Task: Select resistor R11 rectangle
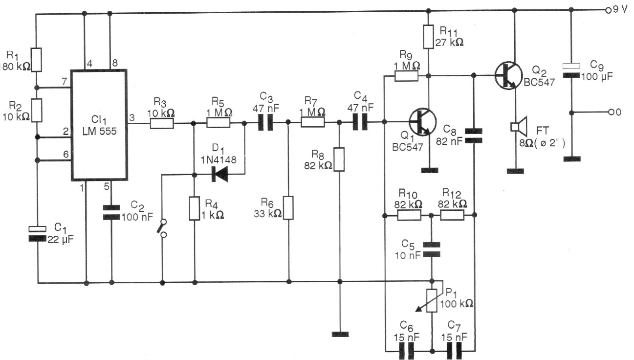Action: [x=429, y=37]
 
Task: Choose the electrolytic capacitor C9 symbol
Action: [x=571, y=70]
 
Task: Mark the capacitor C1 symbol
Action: [x=37, y=233]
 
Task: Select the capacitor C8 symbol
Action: [x=473, y=135]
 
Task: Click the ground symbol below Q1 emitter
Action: [x=429, y=170]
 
